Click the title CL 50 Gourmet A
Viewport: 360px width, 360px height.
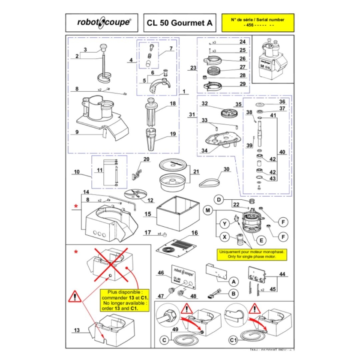point(179,23)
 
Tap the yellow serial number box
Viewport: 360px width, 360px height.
point(258,23)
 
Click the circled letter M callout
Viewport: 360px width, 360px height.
point(209,210)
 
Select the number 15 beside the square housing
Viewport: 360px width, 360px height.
point(147,213)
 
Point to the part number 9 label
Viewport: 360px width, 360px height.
point(77,132)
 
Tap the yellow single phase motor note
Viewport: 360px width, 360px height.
point(252,254)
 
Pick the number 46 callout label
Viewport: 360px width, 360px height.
point(161,273)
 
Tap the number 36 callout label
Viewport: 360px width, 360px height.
point(282,102)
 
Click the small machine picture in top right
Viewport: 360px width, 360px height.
point(273,60)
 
